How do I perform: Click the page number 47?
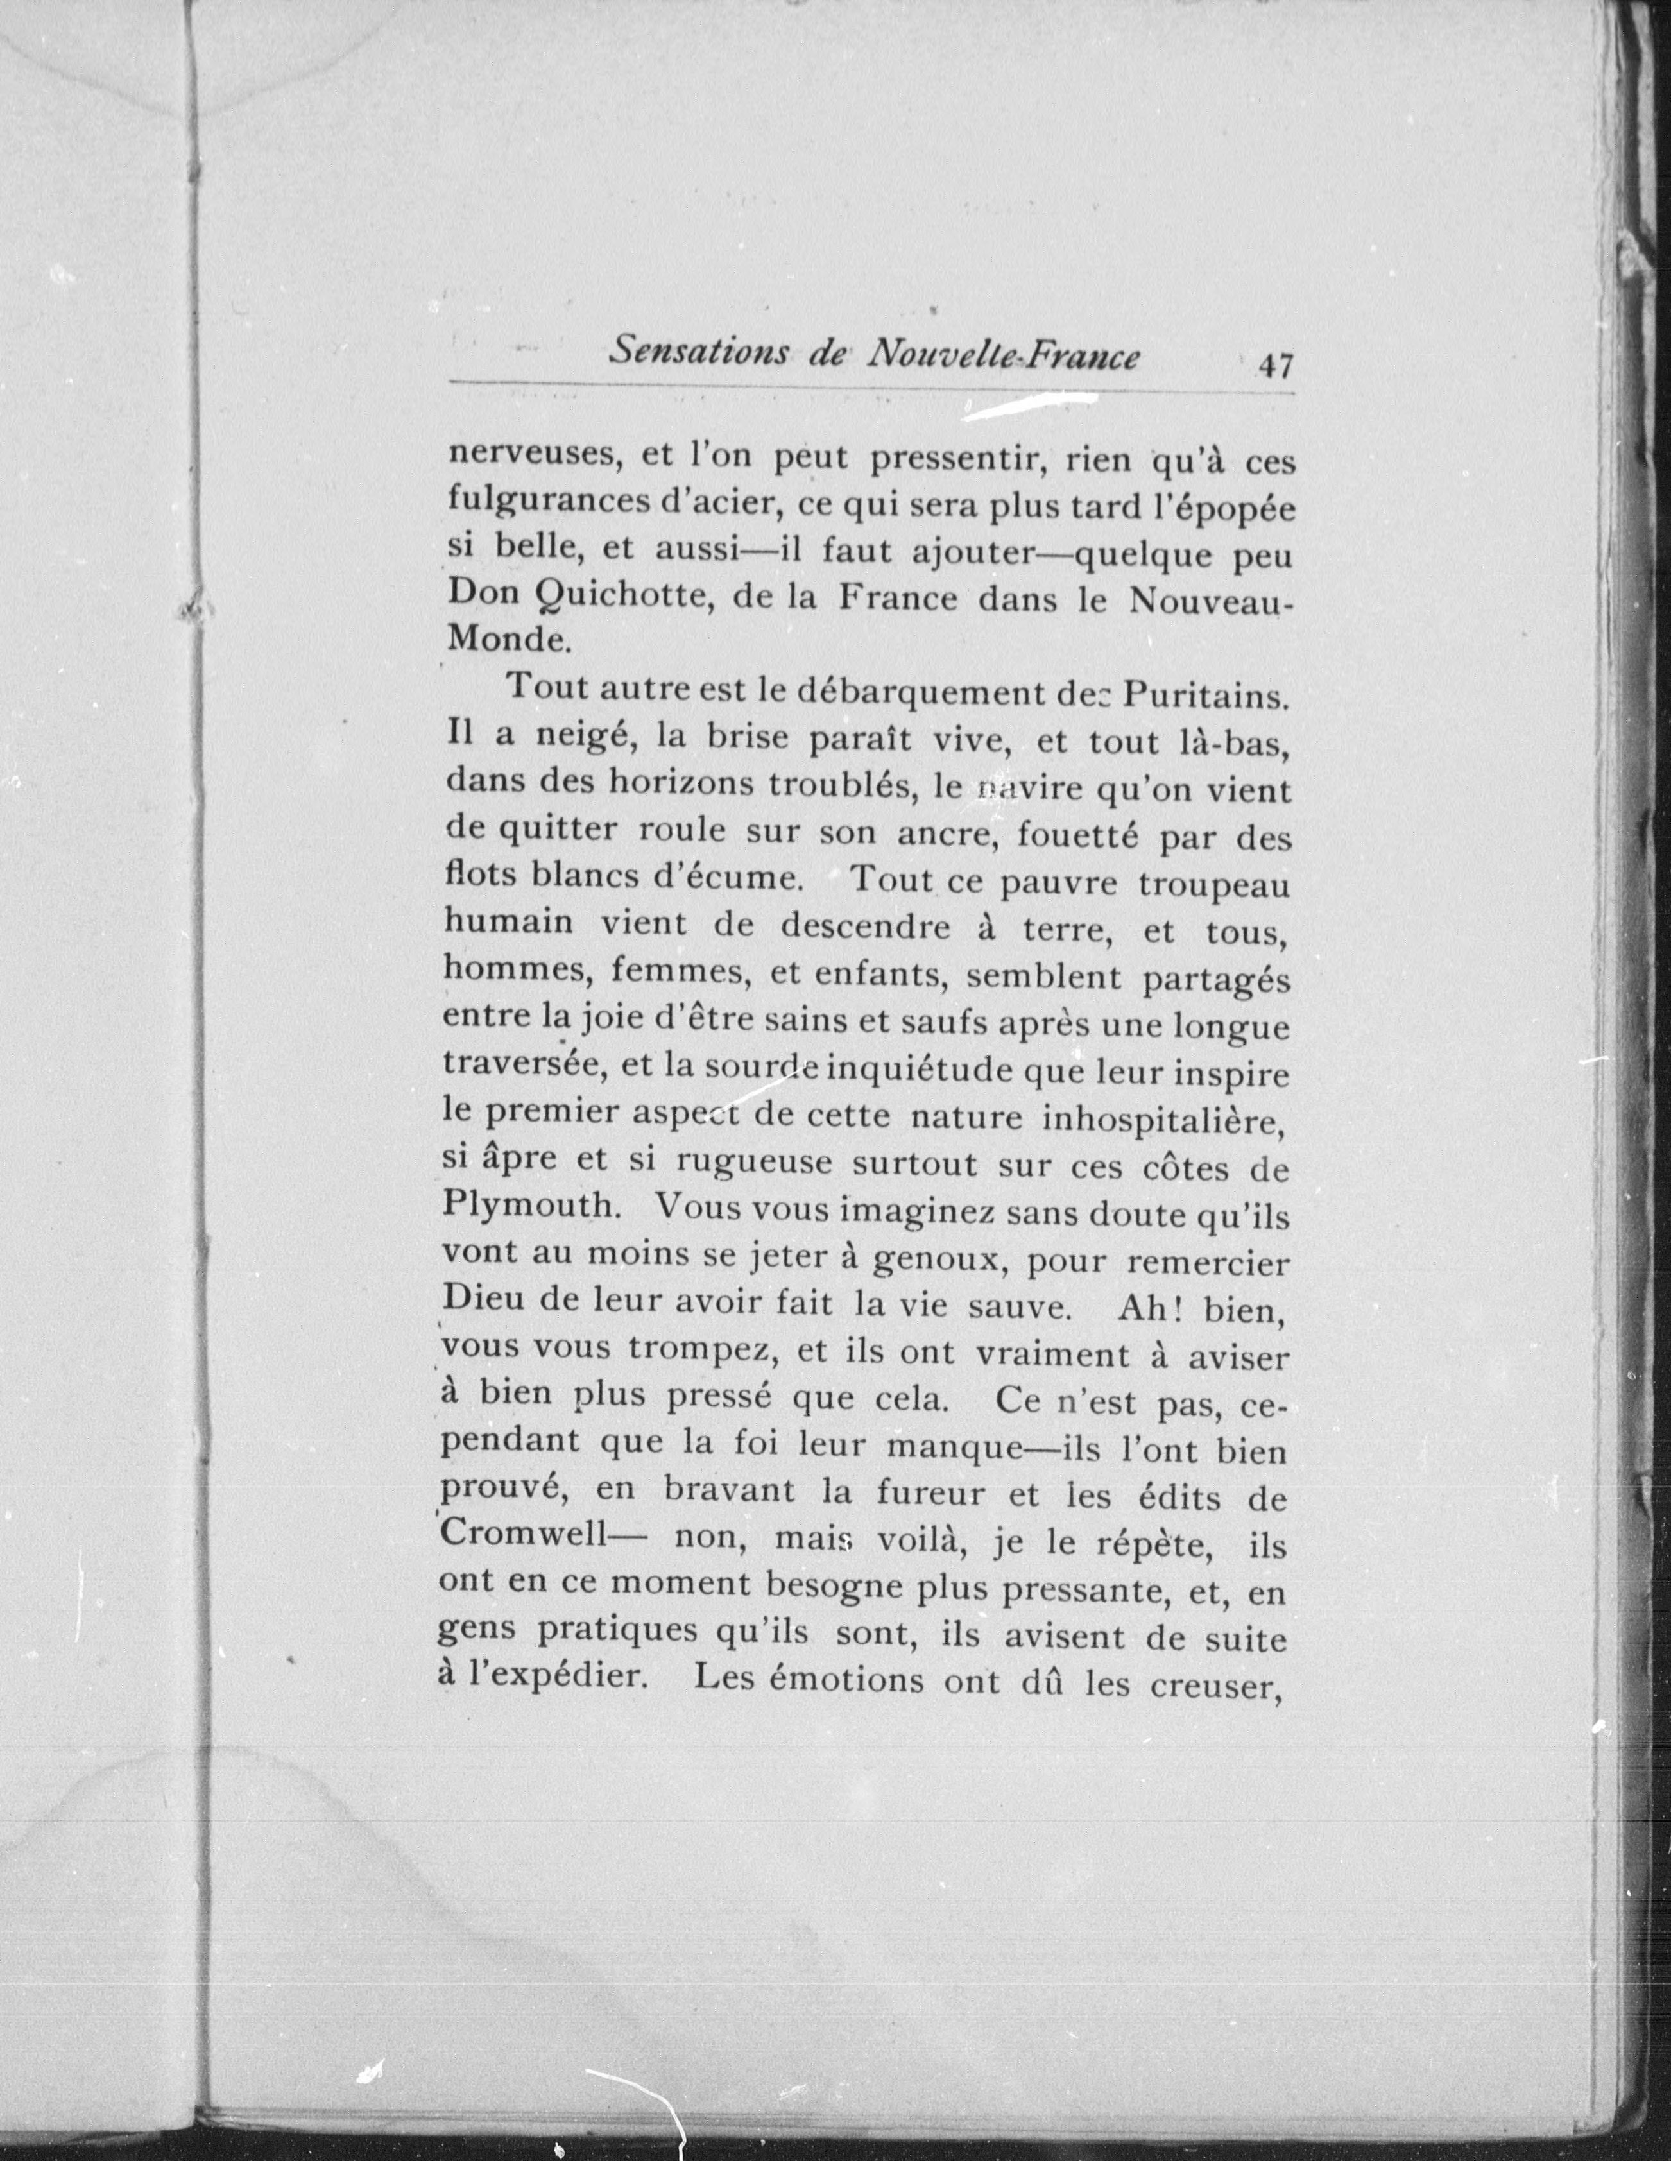point(1275,367)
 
